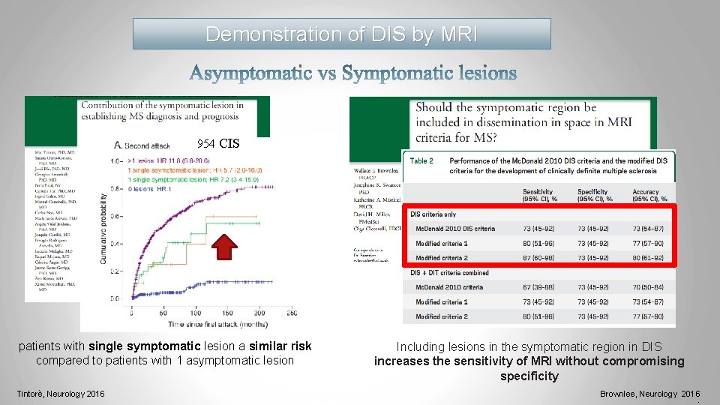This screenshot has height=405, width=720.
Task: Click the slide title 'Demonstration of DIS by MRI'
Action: tap(341, 34)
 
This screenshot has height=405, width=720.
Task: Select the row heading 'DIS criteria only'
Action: tap(433, 214)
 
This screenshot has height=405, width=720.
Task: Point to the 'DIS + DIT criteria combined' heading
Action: tap(449, 273)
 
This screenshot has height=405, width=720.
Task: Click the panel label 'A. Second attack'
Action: tap(146, 146)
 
